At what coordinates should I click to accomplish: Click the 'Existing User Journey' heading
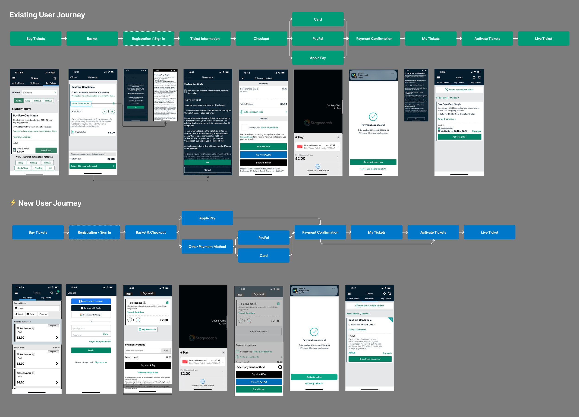click(47, 15)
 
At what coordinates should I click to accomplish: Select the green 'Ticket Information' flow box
click(205, 38)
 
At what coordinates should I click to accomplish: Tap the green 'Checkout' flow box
click(261, 38)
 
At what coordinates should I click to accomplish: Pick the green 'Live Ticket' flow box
click(543, 38)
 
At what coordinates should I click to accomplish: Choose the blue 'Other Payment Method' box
click(207, 247)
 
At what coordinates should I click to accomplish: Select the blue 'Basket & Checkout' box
click(151, 232)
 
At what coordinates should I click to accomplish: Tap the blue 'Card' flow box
click(264, 255)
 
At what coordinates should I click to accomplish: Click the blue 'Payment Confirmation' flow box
click(320, 232)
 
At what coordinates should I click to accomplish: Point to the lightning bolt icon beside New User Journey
click(13, 203)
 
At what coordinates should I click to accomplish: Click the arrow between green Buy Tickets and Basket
click(64, 38)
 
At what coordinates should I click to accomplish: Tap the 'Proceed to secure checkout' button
click(93, 166)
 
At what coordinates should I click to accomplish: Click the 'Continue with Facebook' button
click(91, 301)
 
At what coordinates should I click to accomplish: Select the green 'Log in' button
click(91, 350)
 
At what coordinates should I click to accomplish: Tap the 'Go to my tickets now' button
click(373, 162)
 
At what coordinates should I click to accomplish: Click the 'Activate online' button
click(459, 137)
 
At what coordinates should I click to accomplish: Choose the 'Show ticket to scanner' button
click(370, 359)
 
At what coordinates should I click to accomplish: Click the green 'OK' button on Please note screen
click(208, 162)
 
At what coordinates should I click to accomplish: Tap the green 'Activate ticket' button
click(314, 377)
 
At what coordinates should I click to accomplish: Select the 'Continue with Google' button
click(91, 315)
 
